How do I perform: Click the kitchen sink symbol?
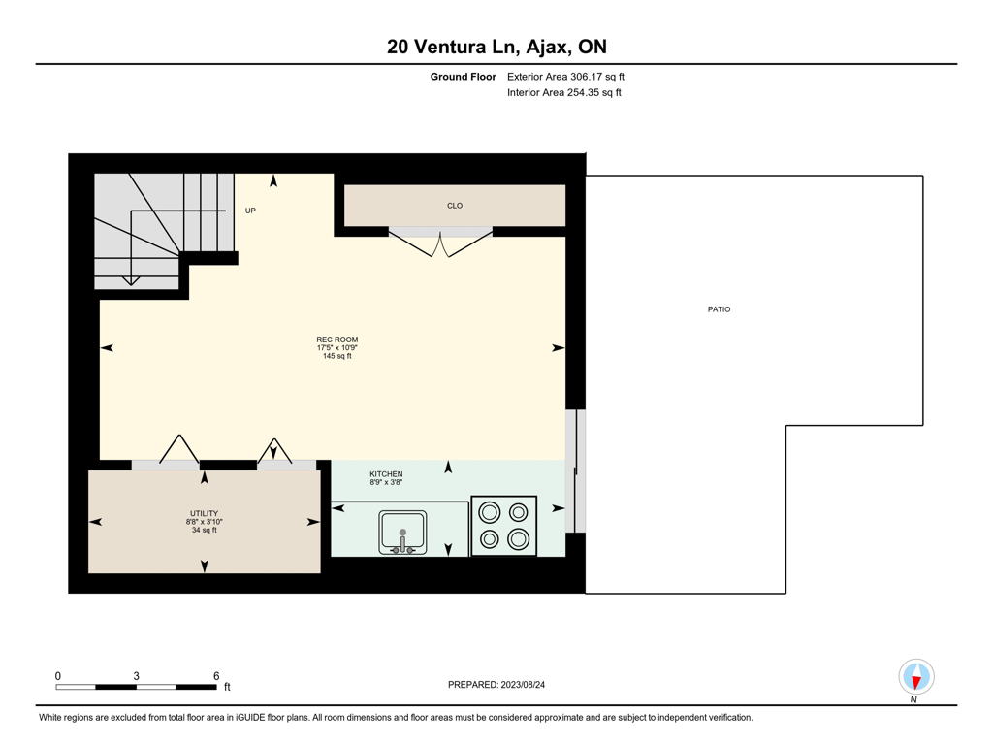(402, 533)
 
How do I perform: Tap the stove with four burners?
(504, 526)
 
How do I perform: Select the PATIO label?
(719, 309)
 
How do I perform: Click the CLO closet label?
(455, 206)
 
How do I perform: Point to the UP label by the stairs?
(250, 211)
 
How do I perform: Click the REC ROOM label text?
(336, 340)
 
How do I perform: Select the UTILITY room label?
(204, 513)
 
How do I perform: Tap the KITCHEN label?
(386, 473)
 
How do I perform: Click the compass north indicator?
(916, 677)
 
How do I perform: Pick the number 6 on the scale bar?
(216, 676)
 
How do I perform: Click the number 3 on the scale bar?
(136, 676)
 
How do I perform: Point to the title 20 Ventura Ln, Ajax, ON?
(496, 47)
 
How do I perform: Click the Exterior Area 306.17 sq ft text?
(565, 77)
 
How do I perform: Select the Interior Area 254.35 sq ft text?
(563, 92)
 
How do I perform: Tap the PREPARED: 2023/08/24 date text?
(496, 684)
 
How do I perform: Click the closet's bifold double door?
(440, 243)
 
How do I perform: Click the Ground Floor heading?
(463, 77)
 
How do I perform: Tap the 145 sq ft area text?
(336, 356)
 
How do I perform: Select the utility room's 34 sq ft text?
(204, 530)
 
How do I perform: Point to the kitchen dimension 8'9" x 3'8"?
(386, 482)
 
